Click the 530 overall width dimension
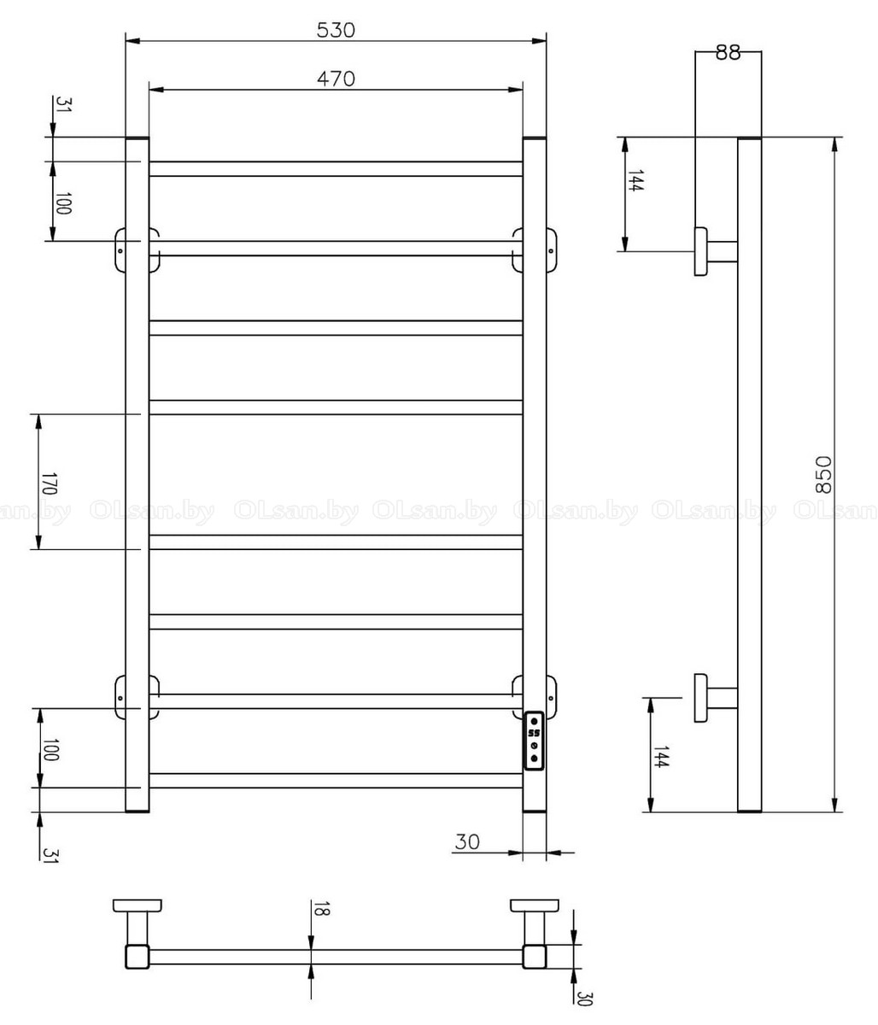pyautogui.click(x=336, y=31)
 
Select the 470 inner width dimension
pyautogui.click(x=336, y=79)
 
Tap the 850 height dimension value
pyautogui.click(x=823, y=475)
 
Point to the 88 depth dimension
pyautogui.click(x=728, y=53)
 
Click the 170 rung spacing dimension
pyautogui.click(x=49, y=483)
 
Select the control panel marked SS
pyautogui.click(x=534, y=741)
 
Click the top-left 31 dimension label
pyautogui.click(x=63, y=104)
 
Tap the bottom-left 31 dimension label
pyautogui.click(x=50, y=856)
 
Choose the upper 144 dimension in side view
pyautogui.click(x=635, y=180)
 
